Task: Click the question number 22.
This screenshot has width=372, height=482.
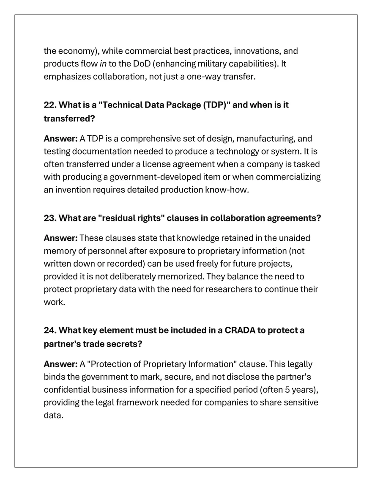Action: pyautogui.click(x=50, y=105)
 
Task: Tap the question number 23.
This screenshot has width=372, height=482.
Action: pyautogui.click(x=50, y=218)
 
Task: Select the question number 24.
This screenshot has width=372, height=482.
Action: pyautogui.click(x=50, y=330)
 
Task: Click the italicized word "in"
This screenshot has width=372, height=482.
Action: pyautogui.click(x=103, y=64)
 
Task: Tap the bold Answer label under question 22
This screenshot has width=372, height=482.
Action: pyautogui.click(x=60, y=139)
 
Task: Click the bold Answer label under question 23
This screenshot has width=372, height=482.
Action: pyautogui.click(x=60, y=238)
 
